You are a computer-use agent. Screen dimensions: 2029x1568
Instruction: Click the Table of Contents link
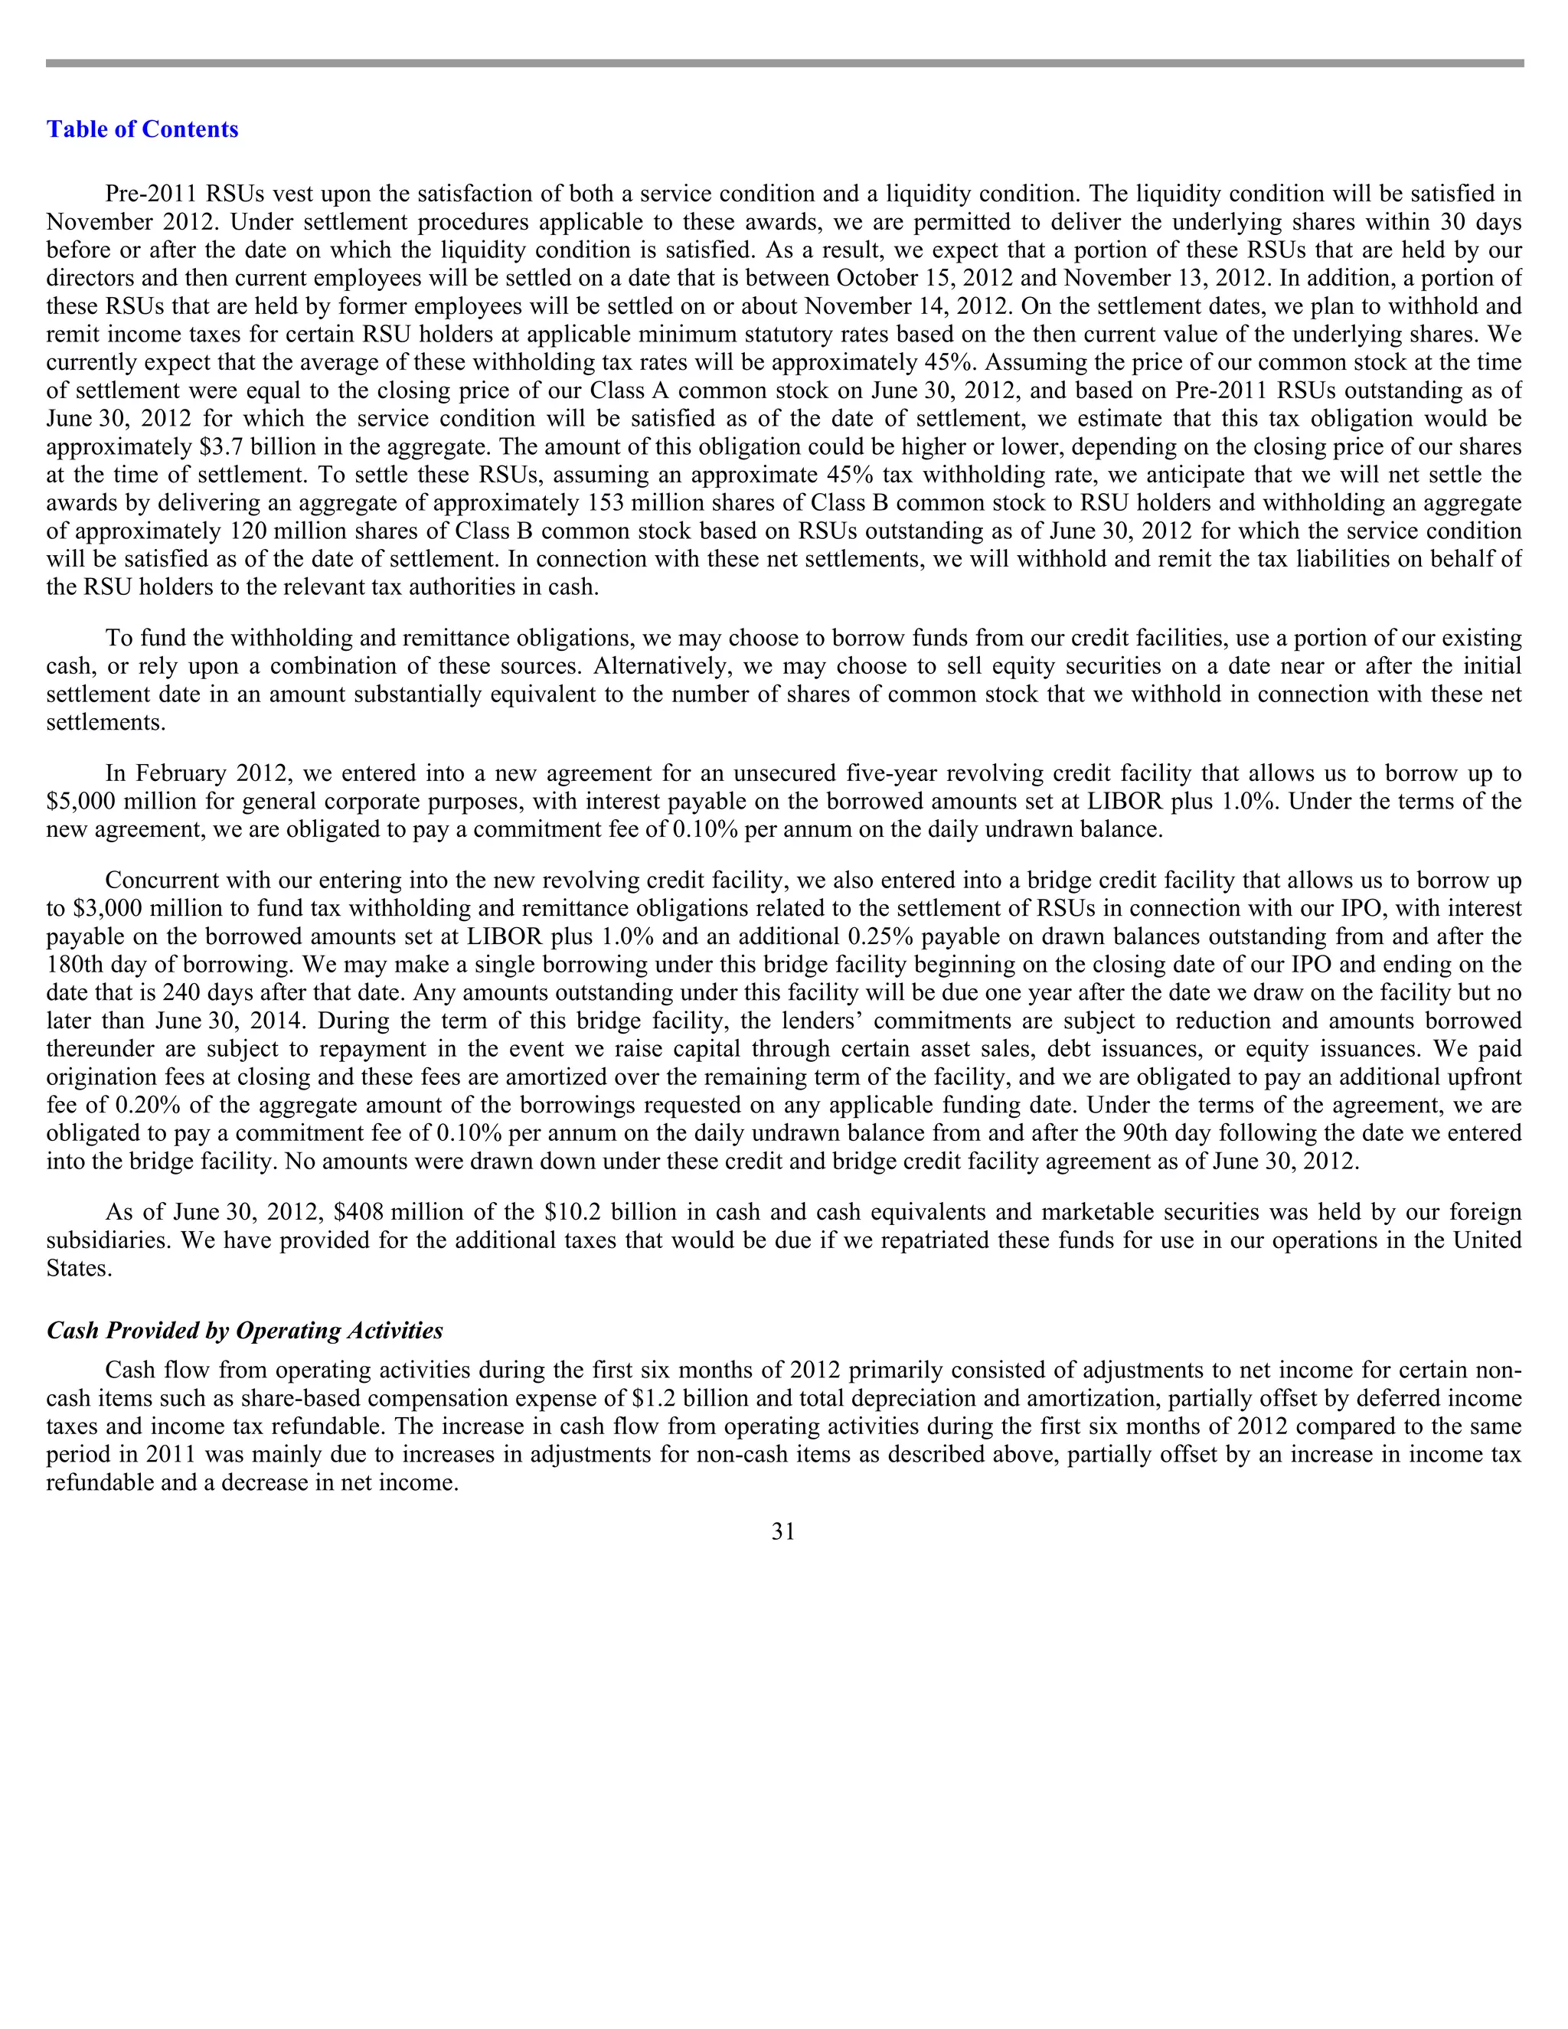142,129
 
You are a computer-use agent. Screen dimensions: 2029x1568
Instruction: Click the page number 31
783,1532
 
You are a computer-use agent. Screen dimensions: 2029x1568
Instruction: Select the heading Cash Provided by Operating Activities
244,1331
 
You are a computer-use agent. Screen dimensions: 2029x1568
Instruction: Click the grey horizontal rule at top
783,64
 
